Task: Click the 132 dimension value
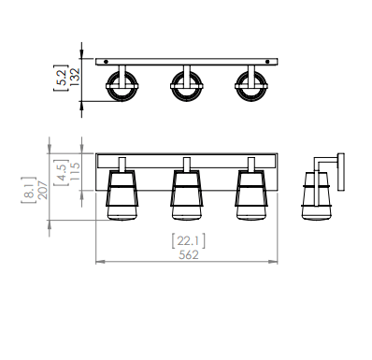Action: pyautogui.click(x=75, y=77)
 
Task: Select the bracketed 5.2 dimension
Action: pyautogui.click(x=61, y=78)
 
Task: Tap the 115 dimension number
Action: pyautogui.click(x=75, y=171)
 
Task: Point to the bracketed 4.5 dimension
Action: pyautogui.click(x=62, y=172)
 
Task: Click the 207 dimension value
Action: pyautogui.click(x=43, y=190)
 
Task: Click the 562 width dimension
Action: pyautogui.click(x=189, y=255)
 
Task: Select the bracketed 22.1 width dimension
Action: pyautogui.click(x=189, y=241)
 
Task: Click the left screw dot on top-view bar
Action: pyautogui.click(x=106, y=62)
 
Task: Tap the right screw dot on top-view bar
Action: pyautogui.click(x=267, y=62)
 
